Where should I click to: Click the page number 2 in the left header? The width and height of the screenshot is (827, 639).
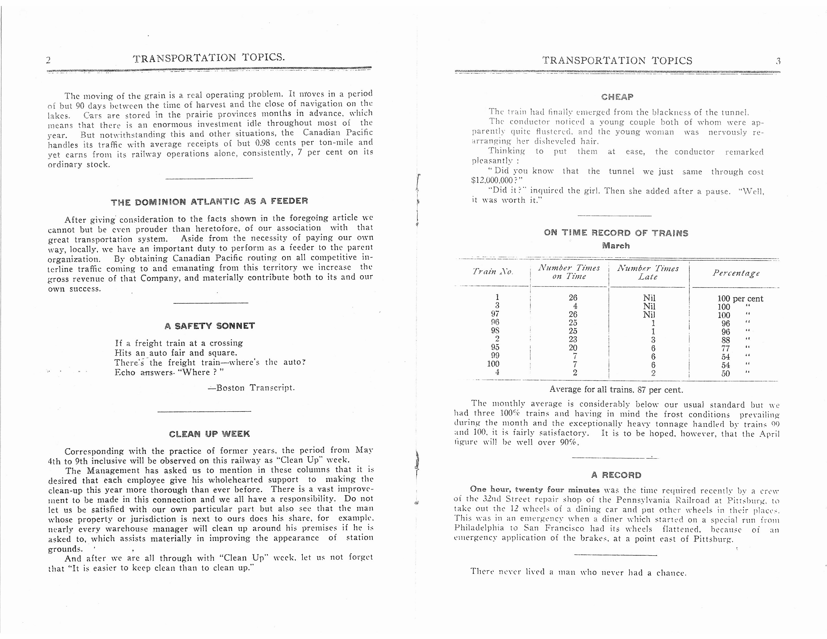[48, 60]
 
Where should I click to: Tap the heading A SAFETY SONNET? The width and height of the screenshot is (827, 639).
[210, 326]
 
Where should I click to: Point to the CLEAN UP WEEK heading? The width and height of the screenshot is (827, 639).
[209, 434]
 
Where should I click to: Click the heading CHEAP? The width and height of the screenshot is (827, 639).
[617, 97]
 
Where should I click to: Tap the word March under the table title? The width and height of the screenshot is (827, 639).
[616, 246]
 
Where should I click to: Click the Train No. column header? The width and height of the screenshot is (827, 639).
[493, 271]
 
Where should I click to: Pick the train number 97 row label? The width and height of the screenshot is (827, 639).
[495, 314]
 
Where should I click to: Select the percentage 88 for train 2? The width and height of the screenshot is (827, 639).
[726, 340]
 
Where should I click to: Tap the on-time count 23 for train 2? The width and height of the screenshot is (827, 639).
[573, 339]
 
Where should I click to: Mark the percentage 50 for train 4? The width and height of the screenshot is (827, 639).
[726, 374]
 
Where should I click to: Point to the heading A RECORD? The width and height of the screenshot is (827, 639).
[616, 475]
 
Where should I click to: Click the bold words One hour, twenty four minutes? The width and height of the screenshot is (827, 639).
[534, 490]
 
